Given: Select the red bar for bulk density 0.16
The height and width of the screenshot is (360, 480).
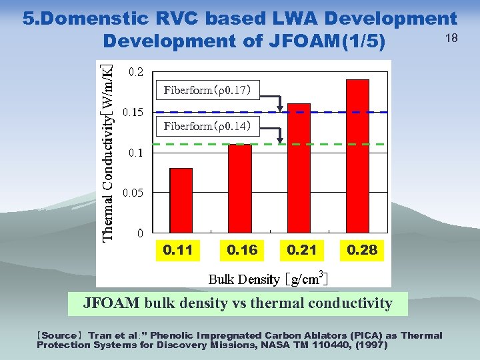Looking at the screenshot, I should click(x=239, y=188).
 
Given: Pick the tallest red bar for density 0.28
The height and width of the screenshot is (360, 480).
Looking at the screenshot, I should click(x=357, y=156).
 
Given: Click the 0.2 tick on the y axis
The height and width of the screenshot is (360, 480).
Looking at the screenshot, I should click(x=135, y=72).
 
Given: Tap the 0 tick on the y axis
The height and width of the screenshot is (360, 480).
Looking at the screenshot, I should click(x=139, y=233).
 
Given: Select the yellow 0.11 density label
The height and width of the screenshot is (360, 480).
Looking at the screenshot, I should click(x=178, y=251).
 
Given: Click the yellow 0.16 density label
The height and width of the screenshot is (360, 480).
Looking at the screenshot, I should click(x=241, y=251).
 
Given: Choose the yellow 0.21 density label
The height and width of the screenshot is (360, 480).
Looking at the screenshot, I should click(x=301, y=251).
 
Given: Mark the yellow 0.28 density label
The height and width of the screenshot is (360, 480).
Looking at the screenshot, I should click(x=362, y=251).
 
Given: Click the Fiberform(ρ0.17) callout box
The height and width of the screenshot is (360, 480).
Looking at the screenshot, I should click(x=207, y=90).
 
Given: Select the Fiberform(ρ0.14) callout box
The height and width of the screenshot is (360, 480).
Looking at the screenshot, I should click(x=207, y=127).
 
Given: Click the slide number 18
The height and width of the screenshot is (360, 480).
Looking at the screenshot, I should click(x=451, y=38).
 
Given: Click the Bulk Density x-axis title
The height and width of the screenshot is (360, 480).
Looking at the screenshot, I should click(x=267, y=278).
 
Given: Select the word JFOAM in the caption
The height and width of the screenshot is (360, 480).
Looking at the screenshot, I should click(x=106, y=303).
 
